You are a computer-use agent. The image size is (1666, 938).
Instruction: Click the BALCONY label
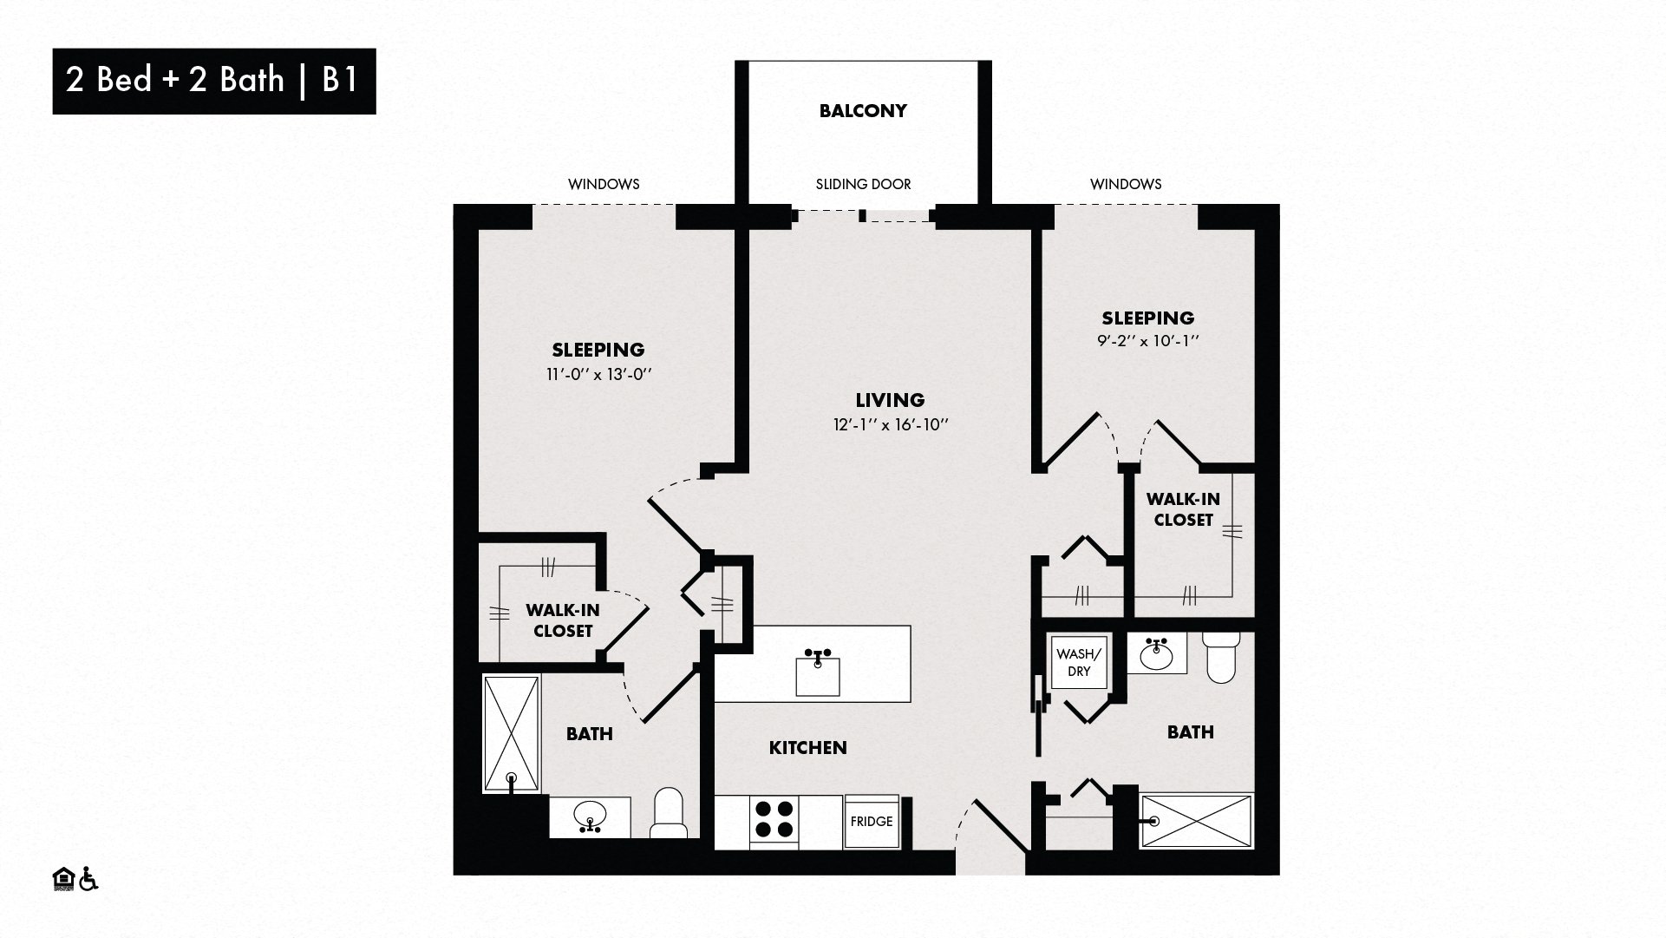pos(863,111)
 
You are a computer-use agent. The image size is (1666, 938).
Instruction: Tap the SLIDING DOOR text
pos(863,184)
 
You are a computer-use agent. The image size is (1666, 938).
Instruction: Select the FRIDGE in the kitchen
pos(872,822)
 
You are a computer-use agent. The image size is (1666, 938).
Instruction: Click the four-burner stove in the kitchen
pos(774,819)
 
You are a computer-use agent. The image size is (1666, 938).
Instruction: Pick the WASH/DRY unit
pos(1079,663)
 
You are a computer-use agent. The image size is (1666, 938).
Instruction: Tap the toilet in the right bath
pos(1222,657)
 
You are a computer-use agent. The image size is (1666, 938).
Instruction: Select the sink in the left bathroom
pos(591,817)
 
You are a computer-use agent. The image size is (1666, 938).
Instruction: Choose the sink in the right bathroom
pos(1156,654)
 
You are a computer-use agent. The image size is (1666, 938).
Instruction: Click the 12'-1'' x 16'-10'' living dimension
pos(890,425)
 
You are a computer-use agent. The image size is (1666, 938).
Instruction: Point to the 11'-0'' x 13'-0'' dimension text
pos(598,375)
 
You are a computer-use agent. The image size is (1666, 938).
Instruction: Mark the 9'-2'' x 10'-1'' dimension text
pos(1147,342)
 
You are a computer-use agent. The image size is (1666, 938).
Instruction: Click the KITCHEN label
pos(807,748)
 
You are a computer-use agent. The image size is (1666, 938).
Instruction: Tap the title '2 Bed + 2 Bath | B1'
pos(212,80)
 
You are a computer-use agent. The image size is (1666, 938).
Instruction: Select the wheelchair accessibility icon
pos(88,879)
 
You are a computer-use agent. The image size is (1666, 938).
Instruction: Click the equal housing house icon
pos(64,879)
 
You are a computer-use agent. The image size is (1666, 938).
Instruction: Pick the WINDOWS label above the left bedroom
pos(604,184)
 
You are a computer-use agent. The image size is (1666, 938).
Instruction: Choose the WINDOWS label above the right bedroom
pos(1126,184)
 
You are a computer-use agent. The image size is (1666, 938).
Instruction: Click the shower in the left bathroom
pos(512,734)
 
